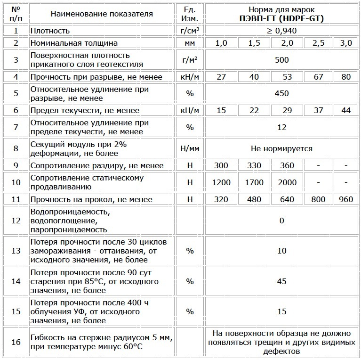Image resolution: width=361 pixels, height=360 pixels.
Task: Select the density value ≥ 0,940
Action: point(281,31)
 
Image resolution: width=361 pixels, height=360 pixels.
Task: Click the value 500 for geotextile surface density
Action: point(281,60)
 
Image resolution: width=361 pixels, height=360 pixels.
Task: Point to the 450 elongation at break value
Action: point(281,93)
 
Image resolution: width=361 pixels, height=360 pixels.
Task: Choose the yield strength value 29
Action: point(287,110)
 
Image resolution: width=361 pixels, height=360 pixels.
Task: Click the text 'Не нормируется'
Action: point(281,148)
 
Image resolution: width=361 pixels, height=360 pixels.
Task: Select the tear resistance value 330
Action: point(254,165)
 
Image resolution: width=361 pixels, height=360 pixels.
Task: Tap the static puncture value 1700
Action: point(254,182)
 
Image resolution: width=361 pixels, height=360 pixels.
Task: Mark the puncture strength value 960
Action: point(345,199)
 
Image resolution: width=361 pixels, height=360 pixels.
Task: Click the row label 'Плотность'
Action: point(50,31)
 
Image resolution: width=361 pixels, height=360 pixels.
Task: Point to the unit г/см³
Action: point(190,31)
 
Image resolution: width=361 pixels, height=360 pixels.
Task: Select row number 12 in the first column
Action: point(16,221)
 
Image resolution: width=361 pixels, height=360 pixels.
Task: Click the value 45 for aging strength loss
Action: point(281,281)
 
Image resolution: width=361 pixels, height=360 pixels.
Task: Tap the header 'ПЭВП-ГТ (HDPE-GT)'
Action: point(281,19)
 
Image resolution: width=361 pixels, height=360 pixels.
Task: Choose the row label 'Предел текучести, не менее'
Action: point(85,110)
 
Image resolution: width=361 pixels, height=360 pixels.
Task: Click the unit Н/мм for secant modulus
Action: point(190,148)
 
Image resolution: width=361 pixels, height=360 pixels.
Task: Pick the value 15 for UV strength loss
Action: point(281,311)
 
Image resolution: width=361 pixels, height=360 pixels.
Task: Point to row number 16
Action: point(16,342)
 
